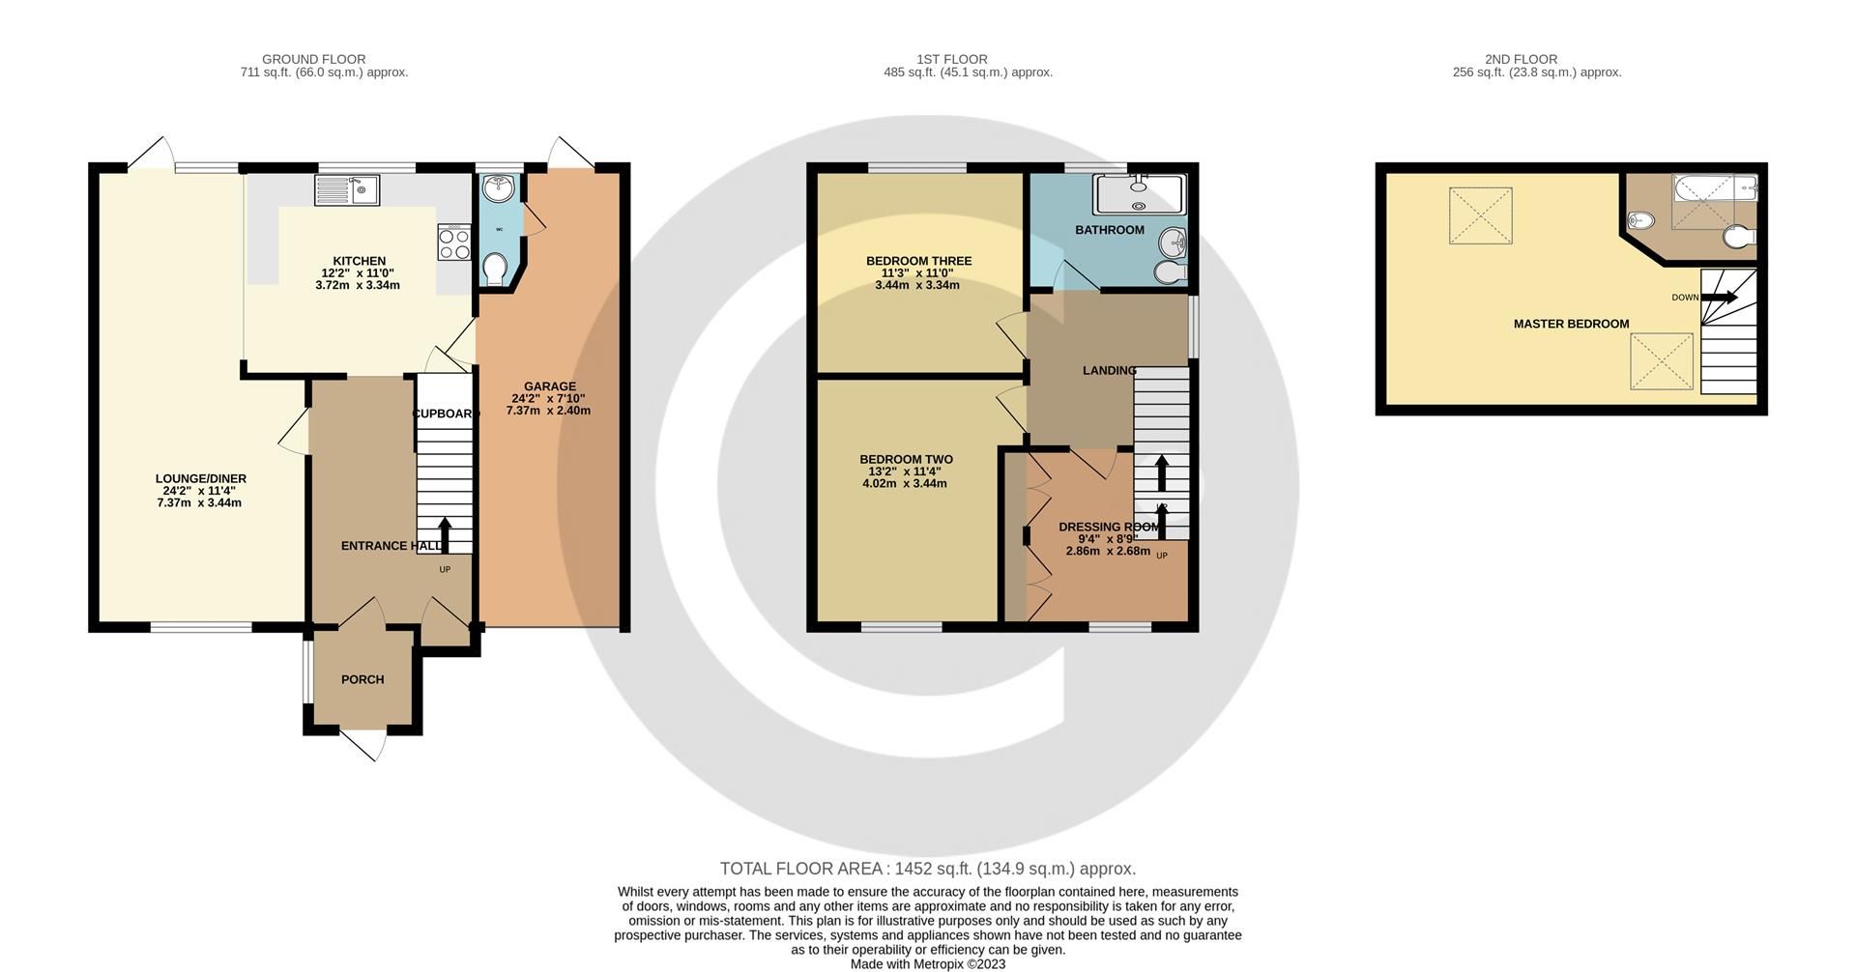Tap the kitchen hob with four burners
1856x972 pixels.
[454, 242]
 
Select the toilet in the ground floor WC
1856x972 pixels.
[496, 269]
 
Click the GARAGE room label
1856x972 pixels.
[550, 386]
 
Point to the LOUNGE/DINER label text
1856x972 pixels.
[201, 478]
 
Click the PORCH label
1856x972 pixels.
[362, 679]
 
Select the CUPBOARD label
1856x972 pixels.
[446, 414]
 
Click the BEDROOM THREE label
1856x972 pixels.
[918, 261]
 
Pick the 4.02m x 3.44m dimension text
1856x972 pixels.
[905, 483]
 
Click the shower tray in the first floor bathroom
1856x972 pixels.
[1139, 193]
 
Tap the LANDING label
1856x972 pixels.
[1109, 370]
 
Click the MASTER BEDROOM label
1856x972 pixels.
[1571, 324]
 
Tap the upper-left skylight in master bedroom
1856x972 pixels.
[1480, 215]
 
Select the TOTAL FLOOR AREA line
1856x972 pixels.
[927, 869]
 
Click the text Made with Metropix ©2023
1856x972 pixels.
[927, 963]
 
